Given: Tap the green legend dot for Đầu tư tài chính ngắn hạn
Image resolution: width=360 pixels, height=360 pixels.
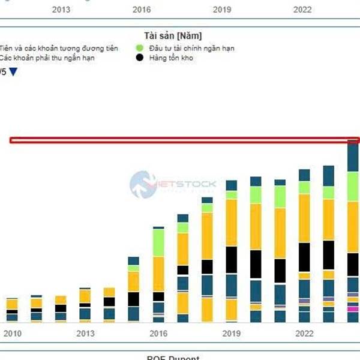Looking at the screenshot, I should pyautogui.click(x=140, y=48).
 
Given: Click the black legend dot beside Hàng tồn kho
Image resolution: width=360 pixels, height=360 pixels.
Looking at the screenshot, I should pyautogui.click(x=140, y=58).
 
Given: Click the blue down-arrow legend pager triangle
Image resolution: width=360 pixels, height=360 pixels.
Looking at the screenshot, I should pyautogui.click(x=14, y=72).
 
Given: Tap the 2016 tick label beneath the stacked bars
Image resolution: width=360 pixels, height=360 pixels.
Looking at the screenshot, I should pyautogui.click(x=158, y=333).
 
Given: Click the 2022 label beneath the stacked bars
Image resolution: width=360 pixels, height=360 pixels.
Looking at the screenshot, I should pyautogui.click(x=304, y=333).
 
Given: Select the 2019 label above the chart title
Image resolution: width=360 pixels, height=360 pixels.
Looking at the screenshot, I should pyautogui.click(x=222, y=10).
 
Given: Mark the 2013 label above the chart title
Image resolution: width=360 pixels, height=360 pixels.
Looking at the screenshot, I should pyautogui.click(x=61, y=10).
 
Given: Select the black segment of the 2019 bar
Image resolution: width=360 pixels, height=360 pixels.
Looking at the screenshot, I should pyautogui.click(x=232, y=260).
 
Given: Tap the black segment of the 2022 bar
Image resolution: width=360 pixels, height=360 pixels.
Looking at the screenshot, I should pyautogui.click(x=304, y=257).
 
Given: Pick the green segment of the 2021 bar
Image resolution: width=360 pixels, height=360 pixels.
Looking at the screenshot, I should pyautogui.click(x=280, y=196).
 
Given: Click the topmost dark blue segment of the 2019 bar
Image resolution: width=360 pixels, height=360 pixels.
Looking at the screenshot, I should pyautogui.click(x=232, y=185).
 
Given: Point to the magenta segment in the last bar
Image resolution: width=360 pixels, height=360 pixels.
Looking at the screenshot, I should pyautogui.click(x=353, y=309).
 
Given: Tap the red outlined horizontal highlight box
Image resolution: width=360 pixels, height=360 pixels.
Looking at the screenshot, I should pyautogui.click(x=180, y=140).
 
